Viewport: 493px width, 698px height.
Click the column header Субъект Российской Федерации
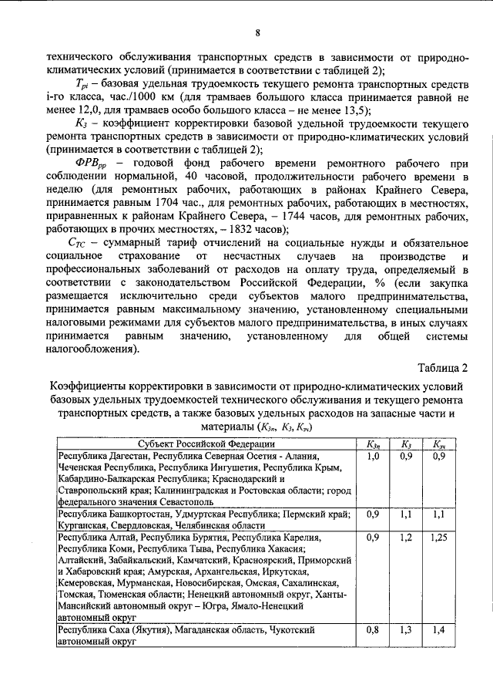click(206, 444)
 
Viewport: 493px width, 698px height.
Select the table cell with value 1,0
click(373, 457)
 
